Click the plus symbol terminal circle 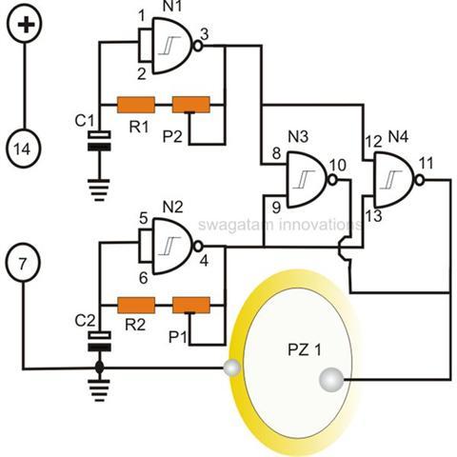pos(25,25)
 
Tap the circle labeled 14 pos(24,149)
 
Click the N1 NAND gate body pos(172,46)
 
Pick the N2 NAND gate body pos(172,247)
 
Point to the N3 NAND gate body pos(307,180)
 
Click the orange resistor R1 pos(136,105)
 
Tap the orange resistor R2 pos(136,306)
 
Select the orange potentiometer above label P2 pos(191,105)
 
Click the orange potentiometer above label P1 pos(191,306)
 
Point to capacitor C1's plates pos(99,141)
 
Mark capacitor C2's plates pos(99,342)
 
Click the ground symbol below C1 pos(99,189)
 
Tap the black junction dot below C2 pos(100,368)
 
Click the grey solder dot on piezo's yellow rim pos(232,368)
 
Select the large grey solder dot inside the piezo pos(331,380)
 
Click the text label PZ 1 pos(305,350)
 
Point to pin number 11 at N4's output pos(426,164)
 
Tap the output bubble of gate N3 pos(332,180)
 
